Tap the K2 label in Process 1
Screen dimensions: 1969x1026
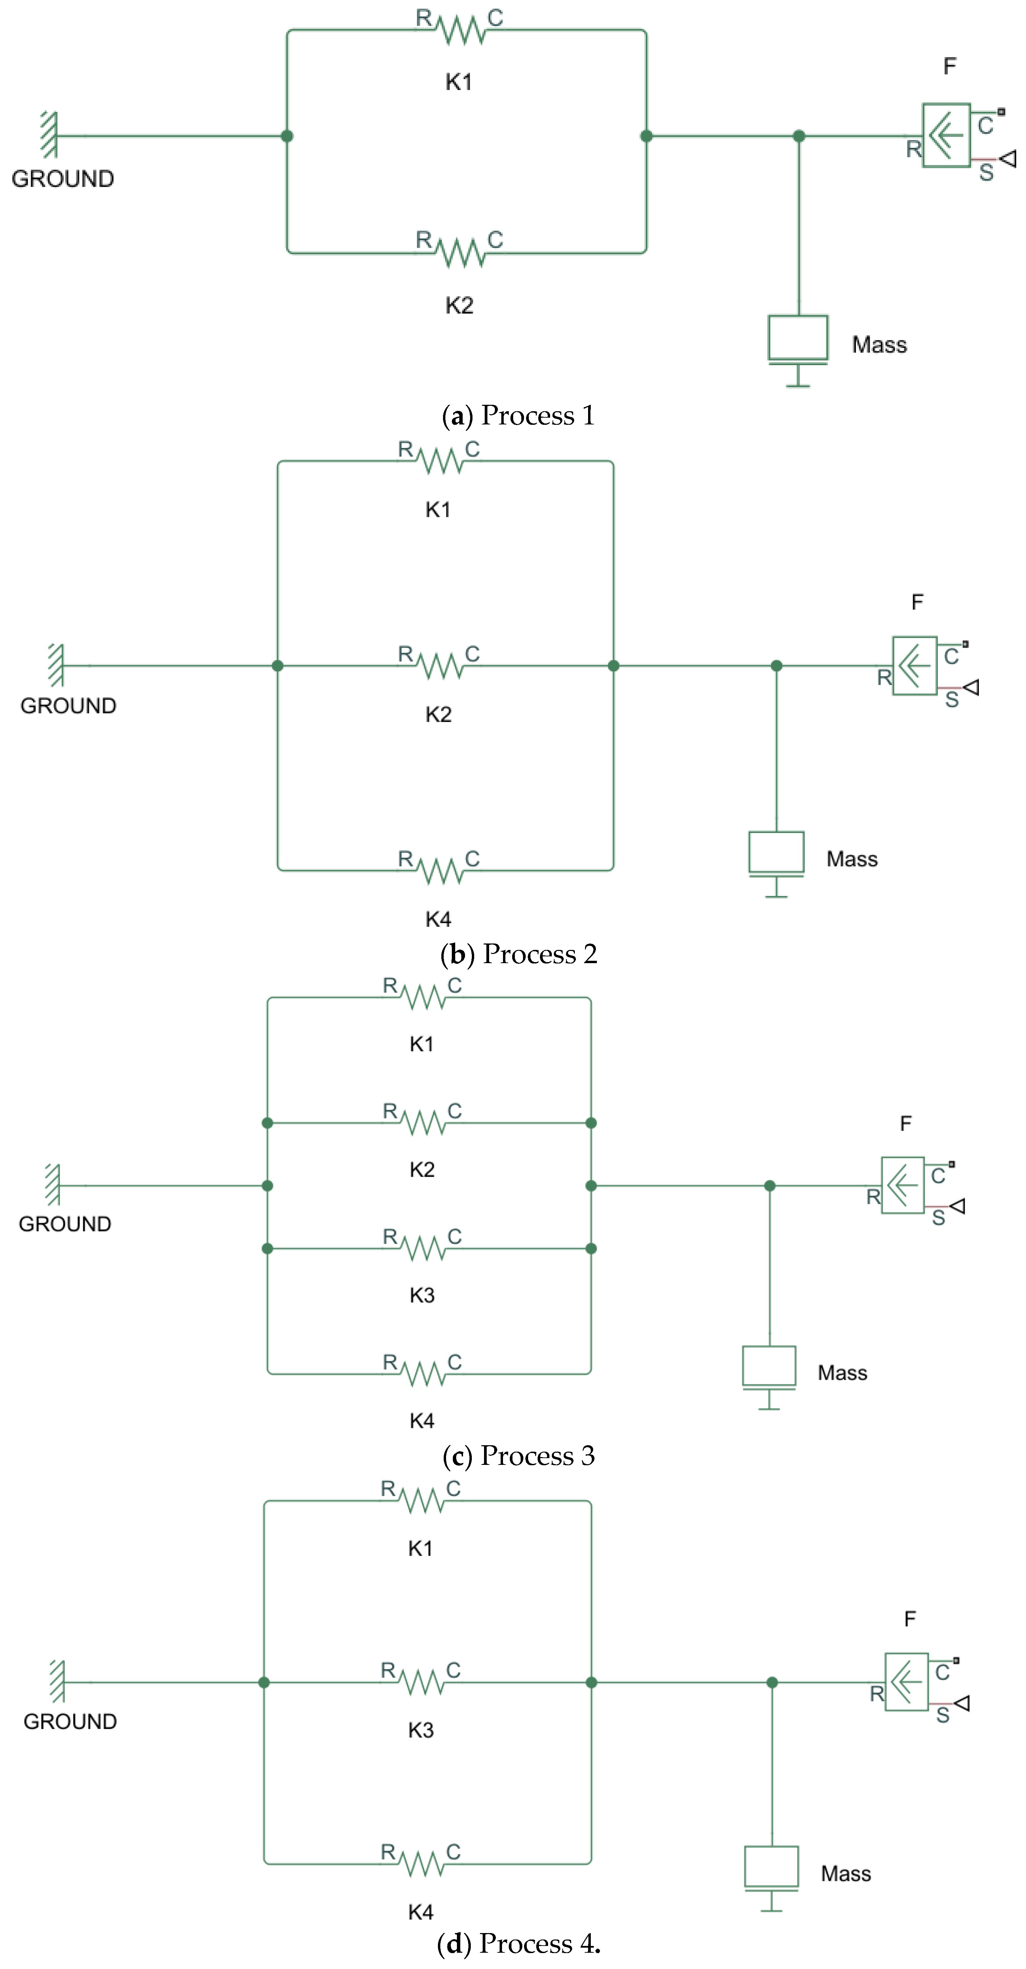[459, 306]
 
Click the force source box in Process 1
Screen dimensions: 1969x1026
[946, 135]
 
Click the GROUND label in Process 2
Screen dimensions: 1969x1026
[68, 705]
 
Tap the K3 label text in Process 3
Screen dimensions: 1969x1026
[422, 1295]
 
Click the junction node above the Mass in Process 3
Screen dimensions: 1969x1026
[769, 1186]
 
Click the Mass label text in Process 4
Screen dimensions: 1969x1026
[846, 1873]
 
